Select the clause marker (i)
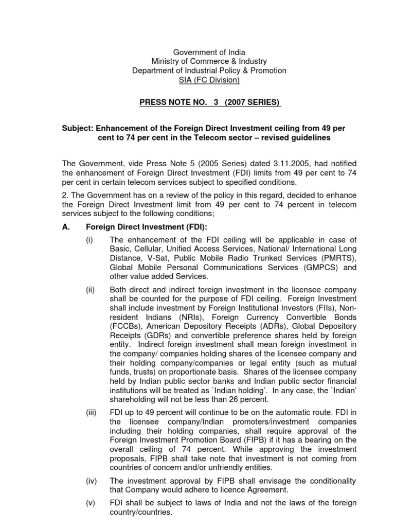click(x=89, y=240)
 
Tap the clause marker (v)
click(x=91, y=503)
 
